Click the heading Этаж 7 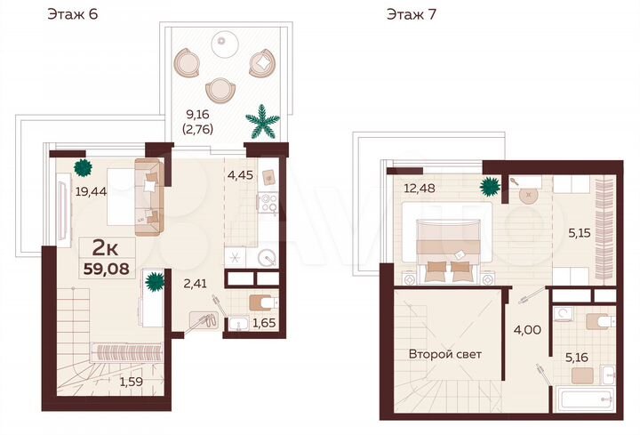tap(411, 14)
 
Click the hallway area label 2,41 tap(196, 285)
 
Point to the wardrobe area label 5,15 tap(580, 234)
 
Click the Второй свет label tap(444, 354)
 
